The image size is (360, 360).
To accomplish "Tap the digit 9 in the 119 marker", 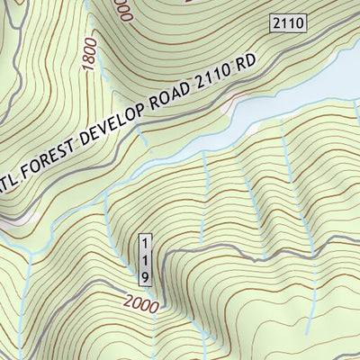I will coord(144,274).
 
